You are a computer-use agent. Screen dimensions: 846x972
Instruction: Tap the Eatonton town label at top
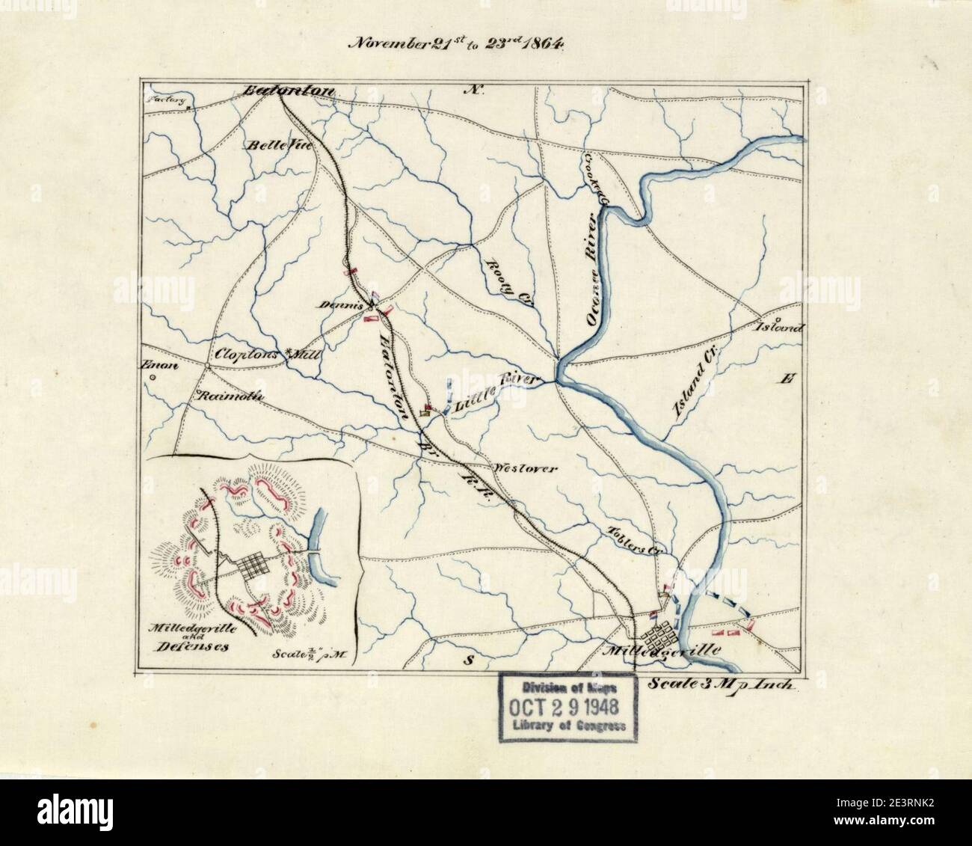pyautogui.click(x=289, y=91)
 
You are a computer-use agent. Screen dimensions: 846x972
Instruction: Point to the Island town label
pyautogui.click(x=780, y=327)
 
